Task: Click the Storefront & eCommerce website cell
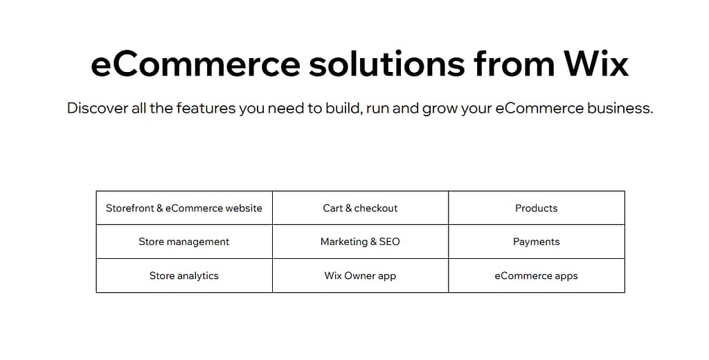pyautogui.click(x=184, y=208)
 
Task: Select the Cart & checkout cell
pyautogui.click(x=360, y=208)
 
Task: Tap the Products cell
pyautogui.click(x=537, y=208)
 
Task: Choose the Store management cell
pyautogui.click(x=184, y=242)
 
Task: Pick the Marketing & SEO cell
pyautogui.click(x=360, y=242)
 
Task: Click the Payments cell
pyautogui.click(x=537, y=242)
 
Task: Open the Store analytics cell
pyautogui.click(x=184, y=276)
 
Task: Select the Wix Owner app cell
pyautogui.click(x=360, y=276)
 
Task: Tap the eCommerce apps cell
pyautogui.click(x=537, y=276)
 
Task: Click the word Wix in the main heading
pyautogui.click(x=595, y=64)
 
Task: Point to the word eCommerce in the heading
pyautogui.click(x=195, y=64)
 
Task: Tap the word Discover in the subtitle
pyautogui.click(x=98, y=109)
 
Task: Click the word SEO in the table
pyautogui.click(x=389, y=242)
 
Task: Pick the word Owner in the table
pyautogui.click(x=360, y=276)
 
